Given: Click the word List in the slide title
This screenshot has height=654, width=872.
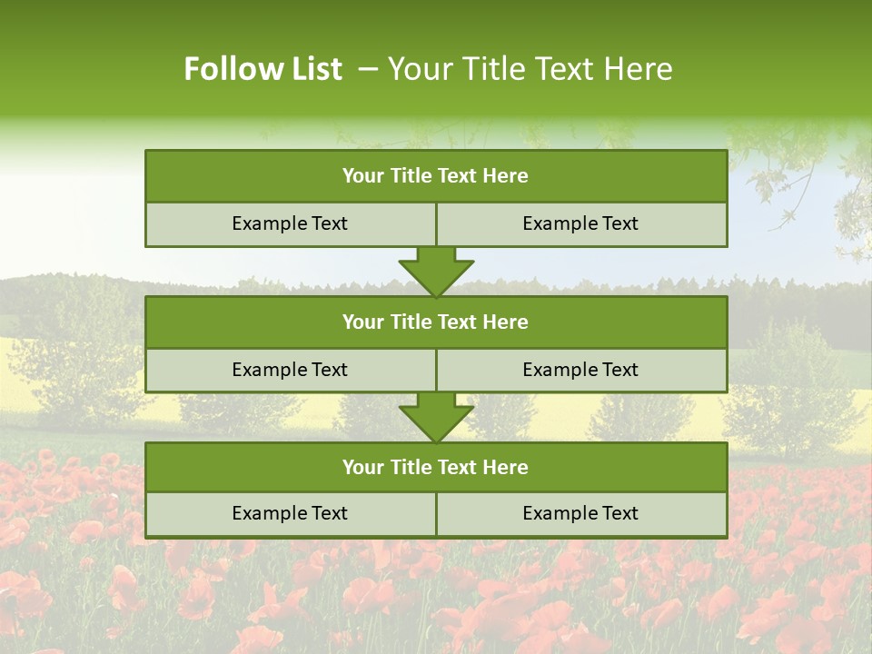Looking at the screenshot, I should click(313, 69).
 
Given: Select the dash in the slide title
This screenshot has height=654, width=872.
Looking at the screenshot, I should click(368, 69).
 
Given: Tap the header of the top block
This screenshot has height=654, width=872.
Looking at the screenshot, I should click(436, 176).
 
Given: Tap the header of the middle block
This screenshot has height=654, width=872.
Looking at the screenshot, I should click(436, 322).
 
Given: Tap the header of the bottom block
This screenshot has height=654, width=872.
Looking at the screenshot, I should click(436, 468).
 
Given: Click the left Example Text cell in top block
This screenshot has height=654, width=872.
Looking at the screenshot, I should click(291, 224).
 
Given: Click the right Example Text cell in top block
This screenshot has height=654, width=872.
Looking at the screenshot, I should click(581, 224).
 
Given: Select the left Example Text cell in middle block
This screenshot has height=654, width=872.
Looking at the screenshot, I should click(291, 371).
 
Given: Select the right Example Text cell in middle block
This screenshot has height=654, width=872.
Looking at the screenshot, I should click(581, 371).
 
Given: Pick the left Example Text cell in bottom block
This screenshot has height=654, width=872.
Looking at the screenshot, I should click(291, 514).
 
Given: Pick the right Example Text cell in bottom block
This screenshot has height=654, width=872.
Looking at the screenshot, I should click(581, 514).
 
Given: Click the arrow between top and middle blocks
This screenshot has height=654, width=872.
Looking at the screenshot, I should click(436, 272).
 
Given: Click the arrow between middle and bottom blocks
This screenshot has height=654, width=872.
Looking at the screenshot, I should click(436, 418).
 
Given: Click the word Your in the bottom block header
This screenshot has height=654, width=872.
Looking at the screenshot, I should click(363, 468).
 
